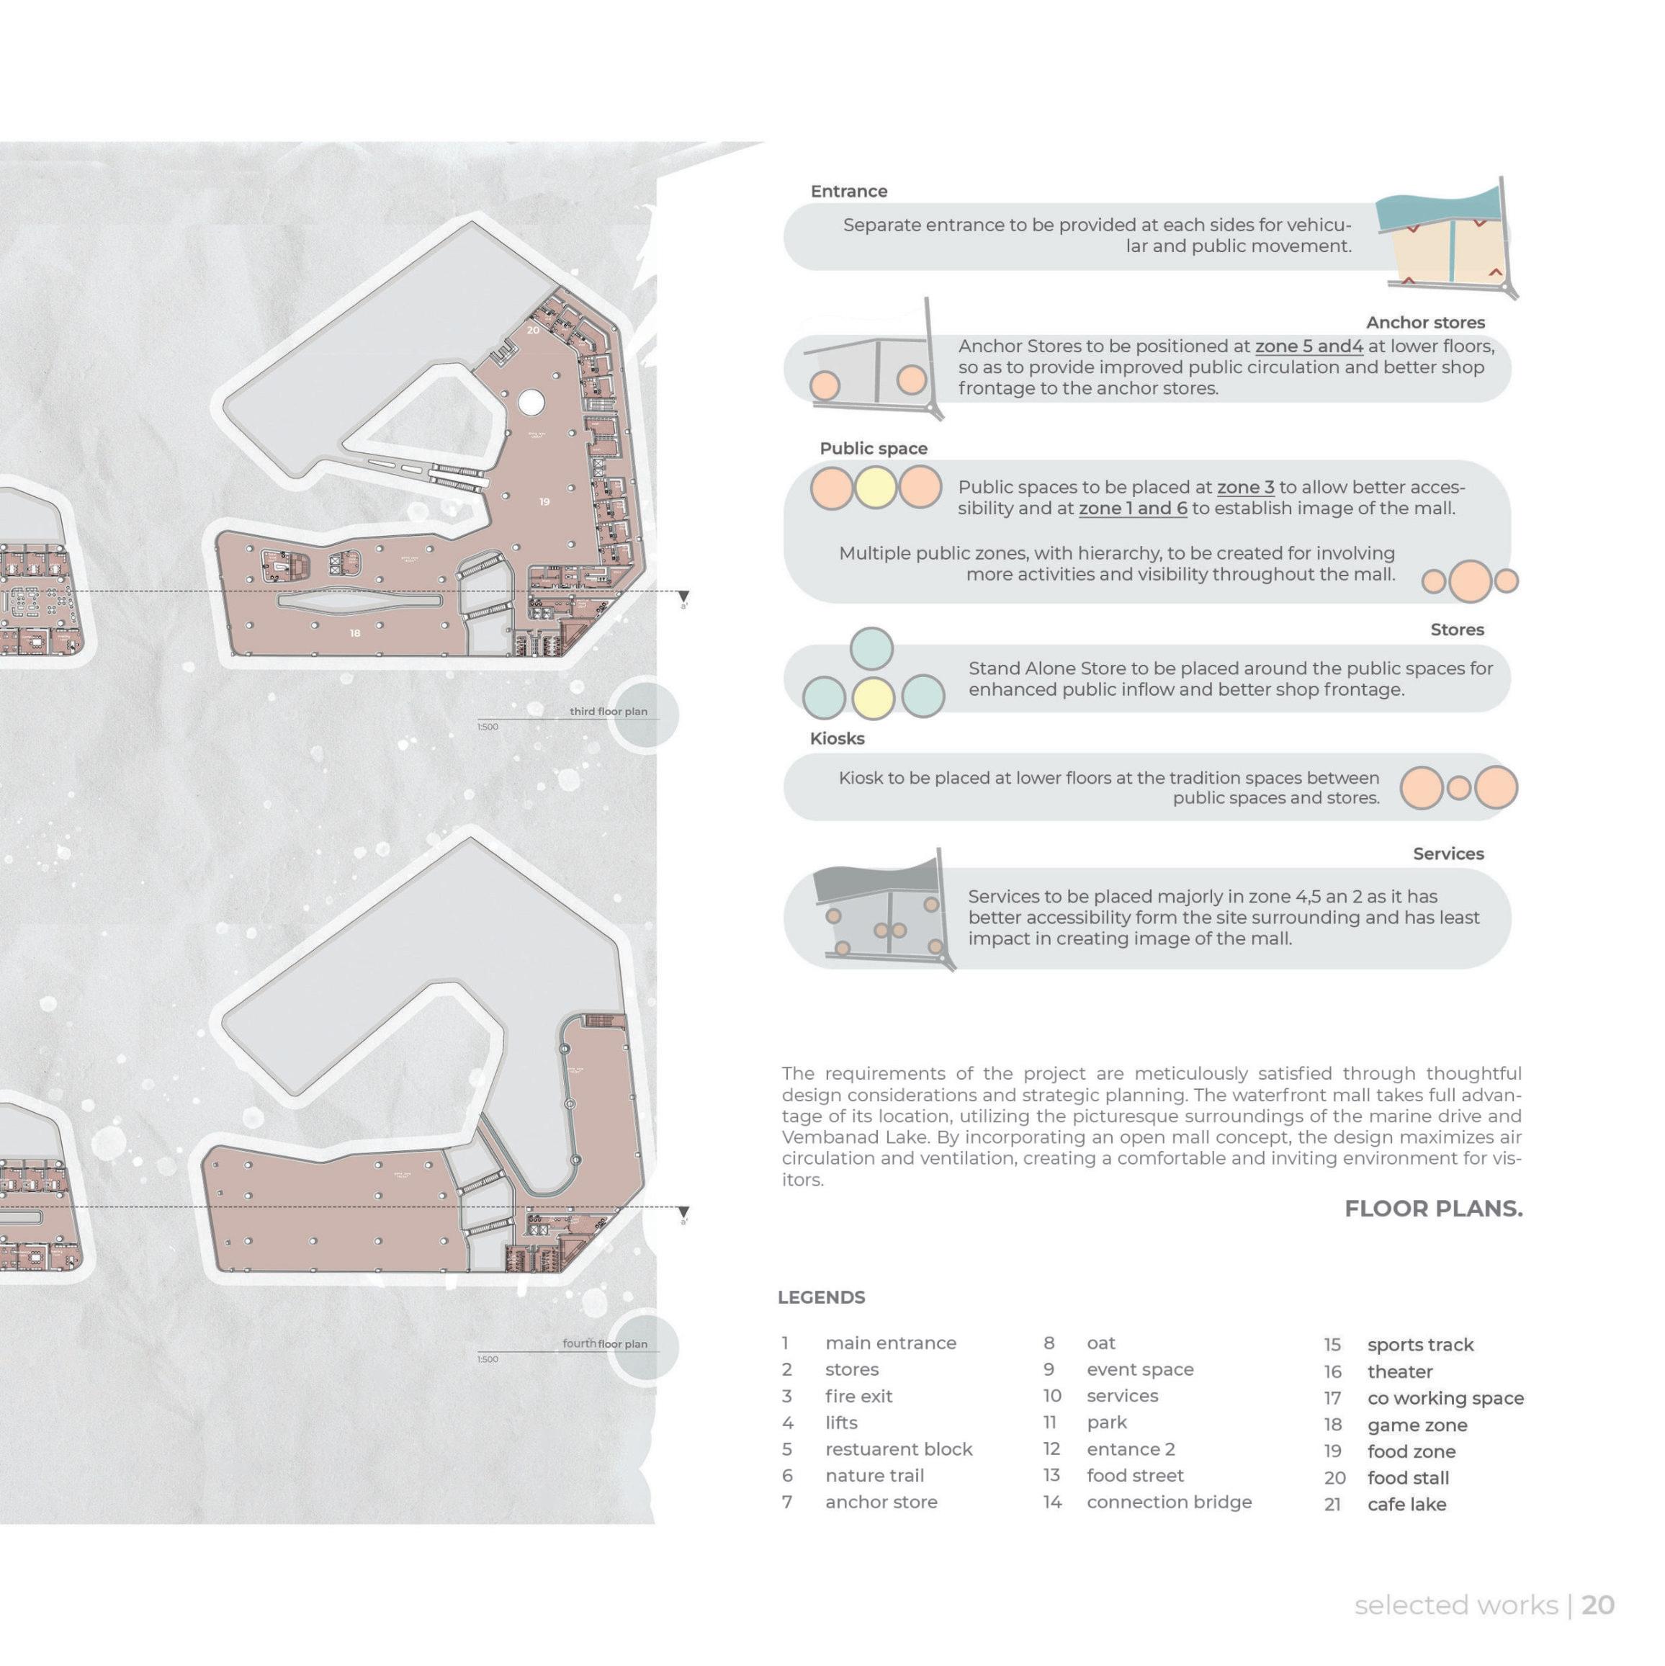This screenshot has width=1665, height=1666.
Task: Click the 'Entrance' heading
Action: (848, 192)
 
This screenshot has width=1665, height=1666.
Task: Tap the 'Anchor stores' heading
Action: (1425, 323)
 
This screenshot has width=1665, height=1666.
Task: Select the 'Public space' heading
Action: (874, 449)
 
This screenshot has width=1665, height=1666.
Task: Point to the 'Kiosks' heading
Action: (836, 738)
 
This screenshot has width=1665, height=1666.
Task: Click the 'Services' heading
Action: (1448, 854)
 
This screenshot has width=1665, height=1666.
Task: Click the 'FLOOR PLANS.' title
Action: (1433, 1209)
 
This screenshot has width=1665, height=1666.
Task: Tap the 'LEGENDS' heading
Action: (821, 1298)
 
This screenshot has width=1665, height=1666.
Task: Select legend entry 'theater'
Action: (1399, 1372)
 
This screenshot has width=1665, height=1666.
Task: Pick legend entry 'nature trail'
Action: (874, 1475)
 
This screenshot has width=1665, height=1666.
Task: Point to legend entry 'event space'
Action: (1140, 1369)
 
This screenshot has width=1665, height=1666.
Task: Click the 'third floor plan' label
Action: (608, 712)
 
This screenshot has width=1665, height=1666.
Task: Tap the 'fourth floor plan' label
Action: (604, 1343)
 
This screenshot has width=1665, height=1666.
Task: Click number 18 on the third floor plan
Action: (354, 634)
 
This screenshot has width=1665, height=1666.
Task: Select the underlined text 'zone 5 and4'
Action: (1308, 346)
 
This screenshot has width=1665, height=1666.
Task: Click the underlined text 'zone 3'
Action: (1245, 487)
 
